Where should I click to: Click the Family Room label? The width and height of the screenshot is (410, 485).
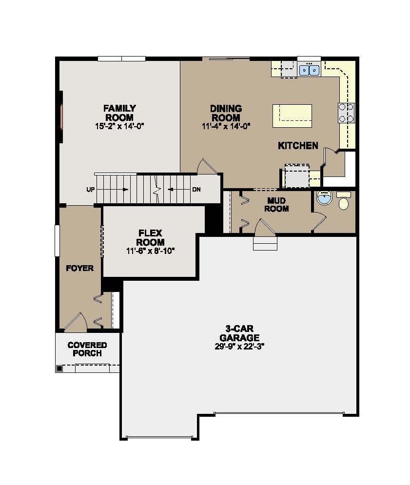point(119,113)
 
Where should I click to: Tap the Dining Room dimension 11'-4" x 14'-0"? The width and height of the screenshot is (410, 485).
point(226,126)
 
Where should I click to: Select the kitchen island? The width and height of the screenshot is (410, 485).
point(292,116)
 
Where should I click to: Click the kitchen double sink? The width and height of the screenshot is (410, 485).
point(309,70)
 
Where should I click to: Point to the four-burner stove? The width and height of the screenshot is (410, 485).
point(346,113)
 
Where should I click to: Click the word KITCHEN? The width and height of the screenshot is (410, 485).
point(298,145)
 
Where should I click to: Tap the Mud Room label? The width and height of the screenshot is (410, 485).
point(278,205)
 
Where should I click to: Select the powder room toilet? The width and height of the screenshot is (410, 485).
point(344,202)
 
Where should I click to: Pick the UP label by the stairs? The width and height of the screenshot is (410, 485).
point(90,190)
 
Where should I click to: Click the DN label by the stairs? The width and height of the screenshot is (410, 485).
point(196,190)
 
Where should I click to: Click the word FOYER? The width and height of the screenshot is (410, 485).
point(80,268)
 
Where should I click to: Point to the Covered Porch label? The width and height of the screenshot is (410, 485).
point(87,349)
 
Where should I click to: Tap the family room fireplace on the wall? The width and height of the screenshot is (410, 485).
point(61,116)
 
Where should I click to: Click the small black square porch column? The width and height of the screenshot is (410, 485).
point(59,369)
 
